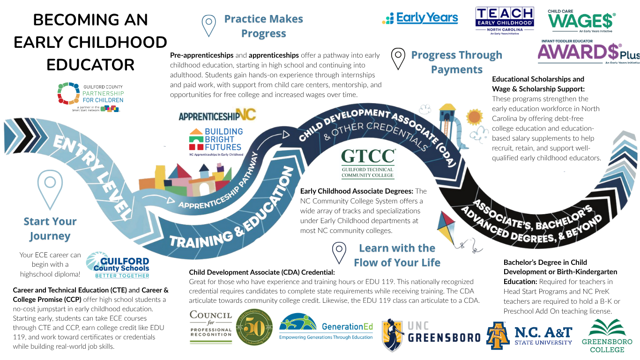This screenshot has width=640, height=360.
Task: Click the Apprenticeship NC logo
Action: pos(217,115)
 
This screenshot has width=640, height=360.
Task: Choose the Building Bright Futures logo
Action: pos(216,141)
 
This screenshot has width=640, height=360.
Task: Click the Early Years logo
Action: pos(420,18)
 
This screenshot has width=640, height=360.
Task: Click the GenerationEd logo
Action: pos(326,329)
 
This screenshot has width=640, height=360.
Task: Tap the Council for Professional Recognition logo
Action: pos(210,327)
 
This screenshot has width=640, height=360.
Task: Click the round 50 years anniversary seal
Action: pos(254,327)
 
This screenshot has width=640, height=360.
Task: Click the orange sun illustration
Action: pos(474,117)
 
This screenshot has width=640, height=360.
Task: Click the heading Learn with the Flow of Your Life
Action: pos(397,255)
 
